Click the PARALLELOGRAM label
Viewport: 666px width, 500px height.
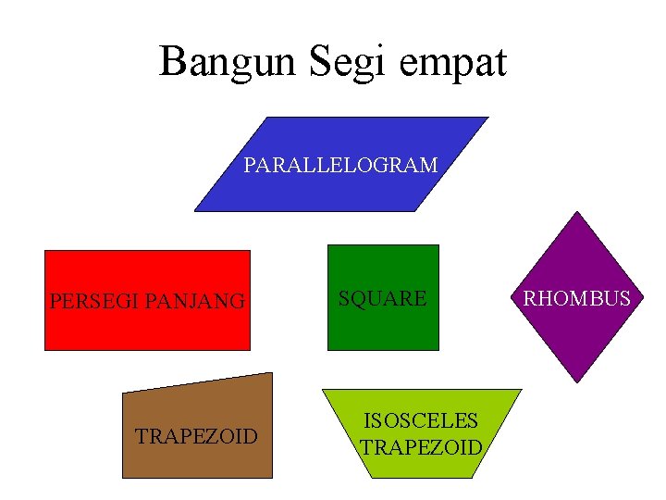point(340,166)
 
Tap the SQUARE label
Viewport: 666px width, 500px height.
point(382,298)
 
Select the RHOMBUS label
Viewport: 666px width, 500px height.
point(577,298)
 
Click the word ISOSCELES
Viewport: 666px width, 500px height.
point(421,420)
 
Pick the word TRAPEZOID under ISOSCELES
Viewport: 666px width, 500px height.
point(421,448)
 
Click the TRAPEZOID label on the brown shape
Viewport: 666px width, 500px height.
point(196,436)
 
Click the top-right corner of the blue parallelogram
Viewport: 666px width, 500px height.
point(487,118)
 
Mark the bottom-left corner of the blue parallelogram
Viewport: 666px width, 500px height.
point(194,211)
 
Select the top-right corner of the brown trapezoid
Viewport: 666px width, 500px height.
point(273,373)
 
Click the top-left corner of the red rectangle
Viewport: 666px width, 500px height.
point(45,251)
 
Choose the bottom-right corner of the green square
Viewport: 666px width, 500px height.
point(438,349)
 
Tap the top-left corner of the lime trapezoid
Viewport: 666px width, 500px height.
point(322,390)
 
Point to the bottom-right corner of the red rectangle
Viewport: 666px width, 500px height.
point(250,349)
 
